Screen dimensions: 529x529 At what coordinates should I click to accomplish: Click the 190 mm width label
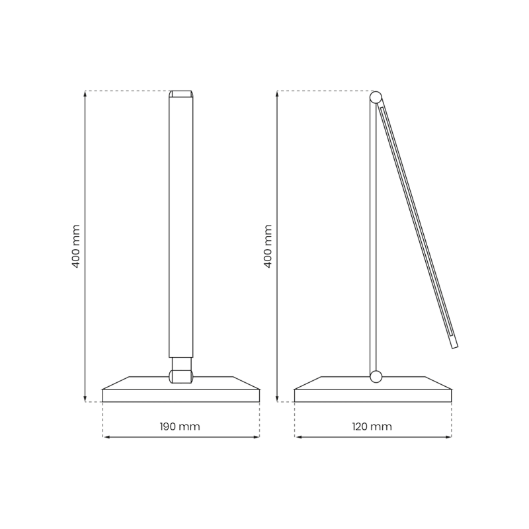[x=180, y=427]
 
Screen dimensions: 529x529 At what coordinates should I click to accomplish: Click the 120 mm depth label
[x=372, y=427]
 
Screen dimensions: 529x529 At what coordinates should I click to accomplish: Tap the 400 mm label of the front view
[x=76, y=246]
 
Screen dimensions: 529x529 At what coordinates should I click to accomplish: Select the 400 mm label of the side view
[x=268, y=246]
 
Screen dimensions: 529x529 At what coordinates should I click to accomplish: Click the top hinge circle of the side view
[x=376, y=97]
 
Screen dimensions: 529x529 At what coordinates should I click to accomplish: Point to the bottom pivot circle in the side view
[x=376, y=377]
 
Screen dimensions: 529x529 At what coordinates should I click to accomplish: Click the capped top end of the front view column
[x=181, y=94]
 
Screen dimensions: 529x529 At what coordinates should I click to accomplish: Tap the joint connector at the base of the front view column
[x=181, y=376]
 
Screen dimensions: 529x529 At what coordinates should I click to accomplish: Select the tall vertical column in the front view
[x=181, y=225]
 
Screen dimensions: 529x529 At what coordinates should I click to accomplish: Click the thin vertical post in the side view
[x=373, y=238]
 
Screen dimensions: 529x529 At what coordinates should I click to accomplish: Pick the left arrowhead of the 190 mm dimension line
[x=106, y=437]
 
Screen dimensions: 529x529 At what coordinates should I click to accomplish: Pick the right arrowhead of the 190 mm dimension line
[x=257, y=437]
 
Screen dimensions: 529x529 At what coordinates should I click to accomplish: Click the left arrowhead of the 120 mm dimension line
[x=298, y=437]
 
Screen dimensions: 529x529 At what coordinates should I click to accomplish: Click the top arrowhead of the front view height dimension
[x=85, y=94]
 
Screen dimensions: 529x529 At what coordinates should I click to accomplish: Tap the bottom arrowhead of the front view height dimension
[x=85, y=399]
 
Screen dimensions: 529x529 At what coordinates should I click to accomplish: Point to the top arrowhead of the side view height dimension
[x=277, y=94]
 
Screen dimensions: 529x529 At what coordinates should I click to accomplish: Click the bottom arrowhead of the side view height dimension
[x=277, y=399]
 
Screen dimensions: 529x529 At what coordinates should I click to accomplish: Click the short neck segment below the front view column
[x=181, y=364]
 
